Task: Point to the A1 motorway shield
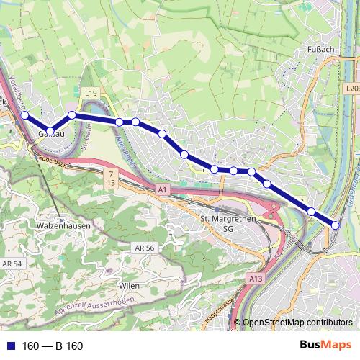pyautogui.click(x=161, y=189)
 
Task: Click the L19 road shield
pyautogui.click(x=90, y=94)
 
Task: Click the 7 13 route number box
pyautogui.click(x=111, y=178)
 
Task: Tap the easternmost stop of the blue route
pyautogui.click(x=336, y=225)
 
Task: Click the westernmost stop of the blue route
pyautogui.click(x=24, y=114)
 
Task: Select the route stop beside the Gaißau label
pyautogui.click(x=50, y=130)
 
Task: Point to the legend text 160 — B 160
pyautogui.click(x=53, y=346)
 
